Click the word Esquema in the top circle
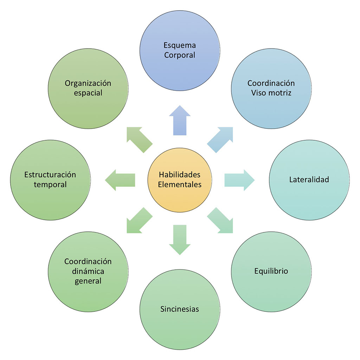pos(180,45)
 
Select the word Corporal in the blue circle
pos(180,55)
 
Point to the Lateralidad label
pos(309,180)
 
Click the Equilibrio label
pos(271,271)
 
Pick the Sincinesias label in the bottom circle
pos(180,309)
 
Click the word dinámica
pos(88,271)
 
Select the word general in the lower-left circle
pos(88,281)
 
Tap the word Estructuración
pos(50,175)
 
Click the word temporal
pos(50,185)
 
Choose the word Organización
pos(88,83)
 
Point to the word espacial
pos(88,93)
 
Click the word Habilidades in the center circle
pos(180,175)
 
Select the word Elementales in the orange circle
pos(180,185)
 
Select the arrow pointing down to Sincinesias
pos(180,239)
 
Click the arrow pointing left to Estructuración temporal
pos(120,180)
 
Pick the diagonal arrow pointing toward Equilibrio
pos(220,220)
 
